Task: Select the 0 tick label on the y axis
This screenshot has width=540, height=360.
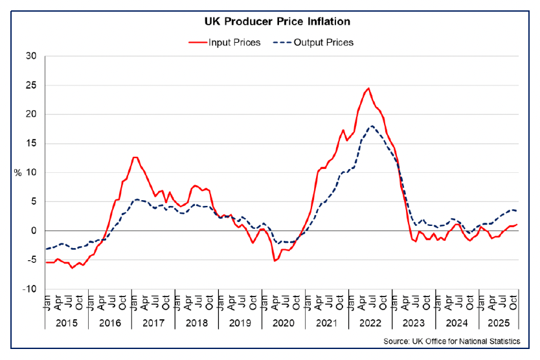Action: click(34, 231)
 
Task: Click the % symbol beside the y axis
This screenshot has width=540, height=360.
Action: click(19, 173)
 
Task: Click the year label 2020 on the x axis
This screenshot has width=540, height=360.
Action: click(283, 321)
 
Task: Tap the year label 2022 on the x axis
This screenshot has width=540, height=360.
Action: click(370, 321)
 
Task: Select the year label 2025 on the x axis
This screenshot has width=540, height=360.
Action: click(500, 321)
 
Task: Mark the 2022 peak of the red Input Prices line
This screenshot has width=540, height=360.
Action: click(368, 89)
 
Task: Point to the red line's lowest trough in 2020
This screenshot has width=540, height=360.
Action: click(275, 260)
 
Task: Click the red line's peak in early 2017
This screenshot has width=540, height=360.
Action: click(135, 157)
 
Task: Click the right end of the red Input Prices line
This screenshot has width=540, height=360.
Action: click(517, 224)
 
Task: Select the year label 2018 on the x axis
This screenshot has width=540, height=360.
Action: click(196, 321)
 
